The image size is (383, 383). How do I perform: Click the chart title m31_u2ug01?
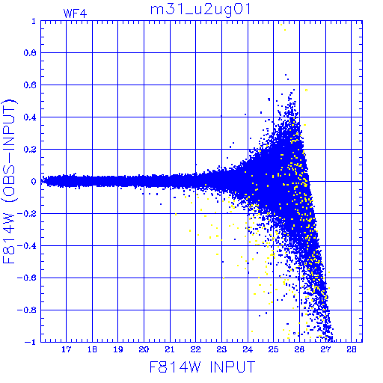coord(200,10)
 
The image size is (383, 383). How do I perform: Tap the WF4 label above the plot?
coord(75,13)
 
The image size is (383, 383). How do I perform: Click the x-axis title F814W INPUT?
coord(202,367)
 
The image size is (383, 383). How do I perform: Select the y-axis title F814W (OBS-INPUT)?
coord(9,181)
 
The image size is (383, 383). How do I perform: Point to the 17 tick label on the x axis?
coord(66,349)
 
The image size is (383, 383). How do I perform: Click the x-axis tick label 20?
coord(144,349)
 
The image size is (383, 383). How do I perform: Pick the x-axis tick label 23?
coord(221,349)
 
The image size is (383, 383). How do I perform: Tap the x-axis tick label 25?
coord(274,349)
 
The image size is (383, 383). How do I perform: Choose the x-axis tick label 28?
coord(352,349)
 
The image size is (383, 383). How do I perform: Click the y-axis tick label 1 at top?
coord(34,21)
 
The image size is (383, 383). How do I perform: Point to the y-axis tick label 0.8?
coord(30,53)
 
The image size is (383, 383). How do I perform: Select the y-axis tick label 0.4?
coord(30,117)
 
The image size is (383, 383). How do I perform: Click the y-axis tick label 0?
coord(34,182)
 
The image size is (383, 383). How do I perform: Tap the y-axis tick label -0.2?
coord(27,214)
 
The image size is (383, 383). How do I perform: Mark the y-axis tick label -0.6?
coord(27,278)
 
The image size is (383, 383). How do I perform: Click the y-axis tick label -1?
coord(30,342)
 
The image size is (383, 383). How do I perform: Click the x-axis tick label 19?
coord(118,349)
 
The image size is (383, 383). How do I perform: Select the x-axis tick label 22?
coord(196,349)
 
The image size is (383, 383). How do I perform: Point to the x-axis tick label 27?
coord(325,349)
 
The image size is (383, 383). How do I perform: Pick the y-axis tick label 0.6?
coord(30,85)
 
